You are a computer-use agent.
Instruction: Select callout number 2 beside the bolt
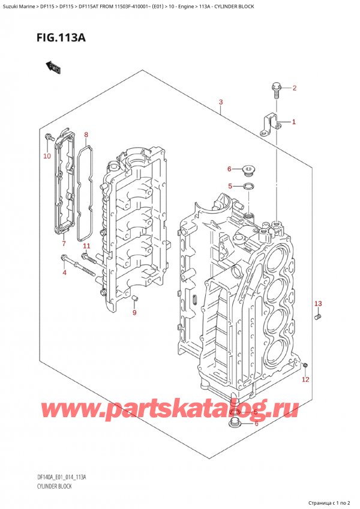click(x=294, y=89)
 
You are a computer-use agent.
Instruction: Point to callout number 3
click(x=221, y=103)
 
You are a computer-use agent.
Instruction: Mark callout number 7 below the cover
click(x=63, y=243)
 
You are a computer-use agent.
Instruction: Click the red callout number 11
click(x=86, y=246)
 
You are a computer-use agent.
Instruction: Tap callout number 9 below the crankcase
click(x=134, y=312)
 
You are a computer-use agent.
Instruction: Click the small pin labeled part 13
click(x=319, y=316)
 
